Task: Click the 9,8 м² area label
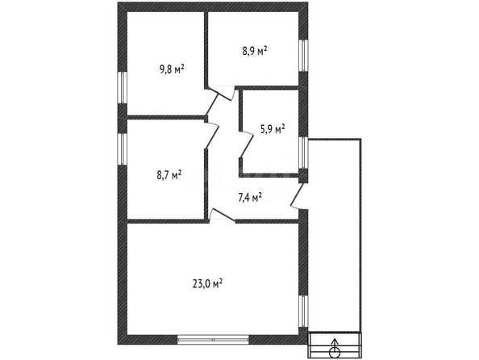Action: [x=172, y=69]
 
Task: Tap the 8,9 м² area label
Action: [x=255, y=51]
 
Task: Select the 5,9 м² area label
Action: [x=273, y=129]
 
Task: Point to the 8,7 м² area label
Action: [x=169, y=175]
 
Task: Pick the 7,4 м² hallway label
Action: [x=250, y=198]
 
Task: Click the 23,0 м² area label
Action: [x=207, y=283]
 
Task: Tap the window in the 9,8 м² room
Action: [x=123, y=87]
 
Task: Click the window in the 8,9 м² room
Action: [x=303, y=56]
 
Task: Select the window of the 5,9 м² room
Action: [x=303, y=153]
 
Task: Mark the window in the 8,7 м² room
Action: [x=123, y=149]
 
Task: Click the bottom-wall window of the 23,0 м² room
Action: [x=213, y=340]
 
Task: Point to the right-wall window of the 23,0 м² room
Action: [x=303, y=311]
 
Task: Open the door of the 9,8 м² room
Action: [x=211, y=104]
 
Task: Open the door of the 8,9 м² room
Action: [x=221, y=94]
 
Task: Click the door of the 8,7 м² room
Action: [x=212, y=135]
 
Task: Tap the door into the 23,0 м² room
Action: [x=223, y=215]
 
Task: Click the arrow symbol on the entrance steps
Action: [x=335, y=348]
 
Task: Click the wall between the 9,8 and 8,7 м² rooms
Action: [x=165, y=117]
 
